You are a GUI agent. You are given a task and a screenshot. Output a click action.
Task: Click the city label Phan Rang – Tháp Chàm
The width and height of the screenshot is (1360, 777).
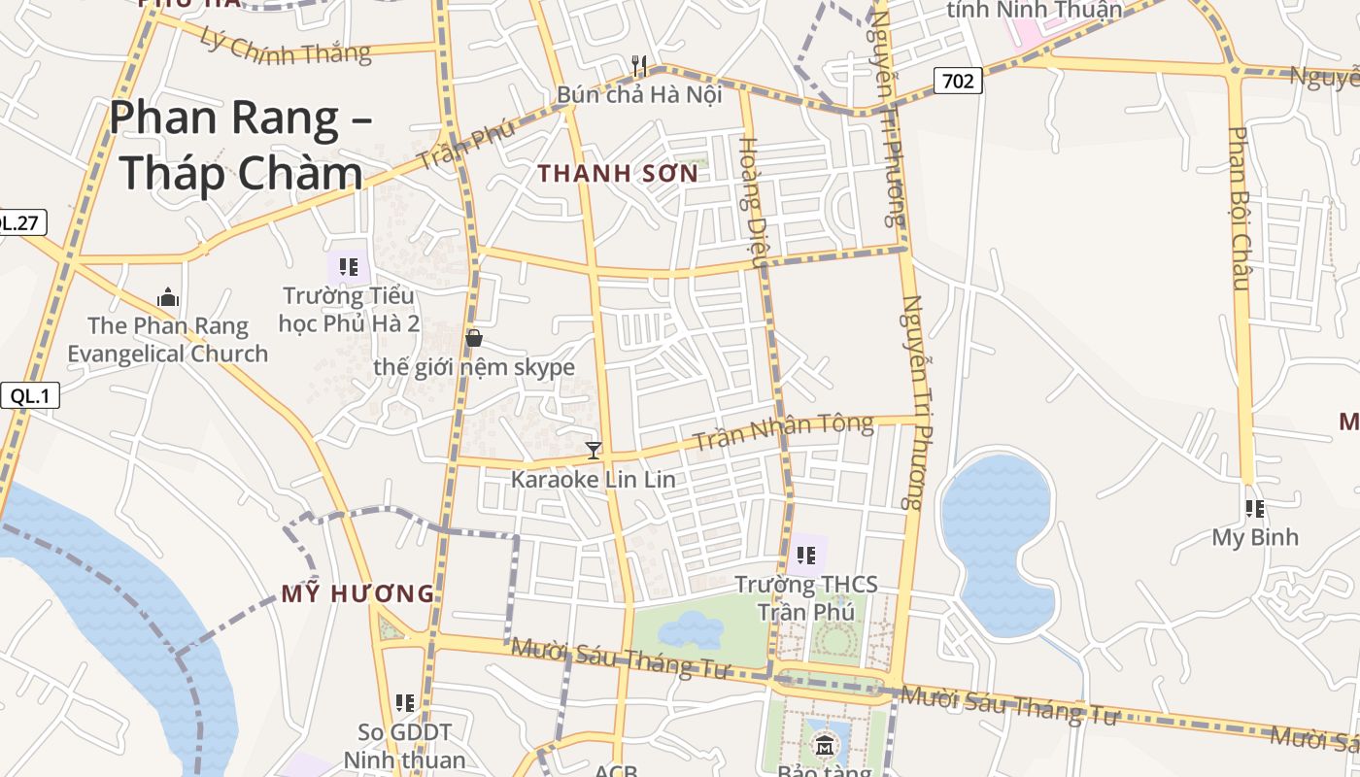coord(238,146)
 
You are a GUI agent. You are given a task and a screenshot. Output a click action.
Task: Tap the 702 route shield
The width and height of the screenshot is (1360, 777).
coord(958,81)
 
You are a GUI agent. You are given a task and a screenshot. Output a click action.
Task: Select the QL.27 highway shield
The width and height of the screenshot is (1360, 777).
coord(19,222)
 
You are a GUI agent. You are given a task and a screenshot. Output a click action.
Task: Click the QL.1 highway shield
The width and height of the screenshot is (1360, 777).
coord(30,395)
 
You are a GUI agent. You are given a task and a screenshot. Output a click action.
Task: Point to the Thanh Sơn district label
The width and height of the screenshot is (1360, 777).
coord(618,174)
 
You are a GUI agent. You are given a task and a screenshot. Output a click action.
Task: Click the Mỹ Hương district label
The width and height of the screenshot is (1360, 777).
coord(357,593)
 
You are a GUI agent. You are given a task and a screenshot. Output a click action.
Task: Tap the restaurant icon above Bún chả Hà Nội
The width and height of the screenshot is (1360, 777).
coord(639,65)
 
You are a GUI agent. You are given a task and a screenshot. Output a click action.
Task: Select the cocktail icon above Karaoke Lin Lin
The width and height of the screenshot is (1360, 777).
coord(594,450)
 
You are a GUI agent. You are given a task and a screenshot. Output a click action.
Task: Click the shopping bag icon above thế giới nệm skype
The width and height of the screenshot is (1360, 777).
coord(474,338)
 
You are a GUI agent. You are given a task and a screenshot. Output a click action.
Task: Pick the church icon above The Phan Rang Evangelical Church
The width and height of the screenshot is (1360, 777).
coord(168,296)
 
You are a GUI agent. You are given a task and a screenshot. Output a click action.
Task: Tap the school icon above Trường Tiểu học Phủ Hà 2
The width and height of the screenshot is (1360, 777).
coord(349,266)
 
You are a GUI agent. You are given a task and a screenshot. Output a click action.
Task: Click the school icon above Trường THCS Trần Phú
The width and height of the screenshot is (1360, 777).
coord(806,555)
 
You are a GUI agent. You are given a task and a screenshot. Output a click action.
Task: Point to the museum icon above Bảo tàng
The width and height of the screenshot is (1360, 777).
coord(825,745)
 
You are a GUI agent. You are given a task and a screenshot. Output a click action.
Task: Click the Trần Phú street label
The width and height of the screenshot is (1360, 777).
coord(466,147)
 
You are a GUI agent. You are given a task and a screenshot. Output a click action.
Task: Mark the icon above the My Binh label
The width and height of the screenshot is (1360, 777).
coord(1255,508)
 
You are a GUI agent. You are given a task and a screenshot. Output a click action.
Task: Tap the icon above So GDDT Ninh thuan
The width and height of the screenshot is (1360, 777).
coord(405,702)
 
